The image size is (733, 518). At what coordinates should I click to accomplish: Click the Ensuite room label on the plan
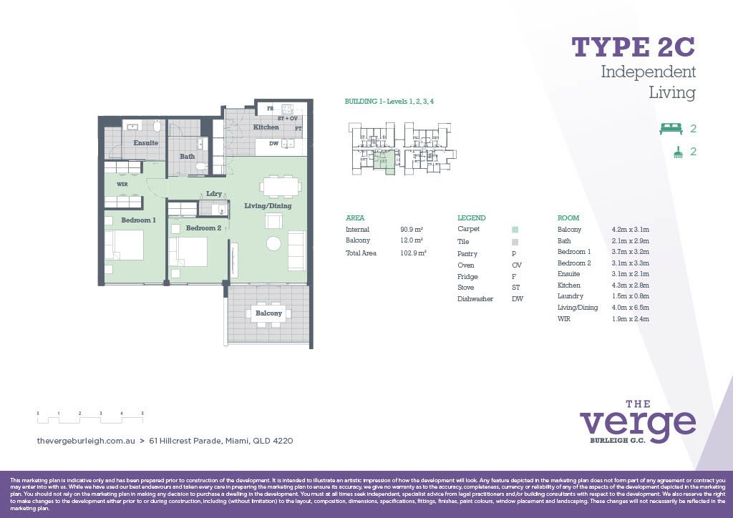pyautogui.click(x=145, y=143)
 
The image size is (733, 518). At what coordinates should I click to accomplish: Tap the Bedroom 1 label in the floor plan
pyautogui.click(x=137, y=220)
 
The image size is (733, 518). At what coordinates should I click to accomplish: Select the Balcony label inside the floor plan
pyautogui.click(x=268, y=313)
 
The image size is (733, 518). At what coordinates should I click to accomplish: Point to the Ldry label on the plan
pyautogui.click(x=213, y=194)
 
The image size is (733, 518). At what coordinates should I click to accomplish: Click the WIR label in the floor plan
pyautogui.click(x=122, y=184)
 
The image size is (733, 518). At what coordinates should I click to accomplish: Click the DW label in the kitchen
pyautogui.click(x=273, y=144)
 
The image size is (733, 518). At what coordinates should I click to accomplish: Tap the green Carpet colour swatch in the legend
pyautogui.click(x=515, y=230)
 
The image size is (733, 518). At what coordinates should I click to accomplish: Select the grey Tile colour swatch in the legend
pyautogui.click(x=515, y=242)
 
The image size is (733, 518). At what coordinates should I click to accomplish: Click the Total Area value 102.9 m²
pyautogui.click(x=413, y=253)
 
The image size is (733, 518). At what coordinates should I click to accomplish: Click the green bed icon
pyautogui.click(x=671, y=129)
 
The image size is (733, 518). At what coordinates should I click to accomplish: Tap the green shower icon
pyautogui.click(x=676, y=152)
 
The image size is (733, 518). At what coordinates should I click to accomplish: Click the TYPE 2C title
pyautogui.click(x=633, y=47)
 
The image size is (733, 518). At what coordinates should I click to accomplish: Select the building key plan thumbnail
pyautogui.click(x=402, y=149)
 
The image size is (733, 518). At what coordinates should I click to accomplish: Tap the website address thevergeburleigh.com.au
pyautogui.click(x=86, y=441)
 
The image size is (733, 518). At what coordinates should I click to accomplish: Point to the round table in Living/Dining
pyautogui.click(x=274, y=243)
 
